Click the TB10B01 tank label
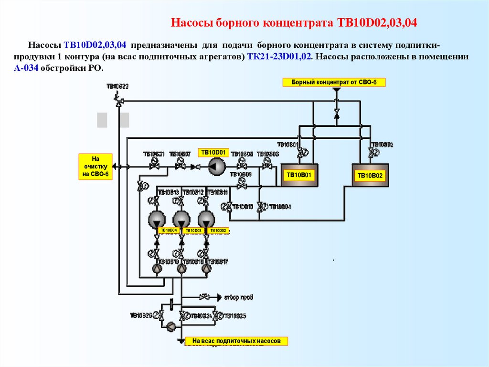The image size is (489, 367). point(298,175)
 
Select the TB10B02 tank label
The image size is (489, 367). point(371,176)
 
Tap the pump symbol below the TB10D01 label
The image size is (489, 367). point(216,167)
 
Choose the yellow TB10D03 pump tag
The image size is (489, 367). point(193,231)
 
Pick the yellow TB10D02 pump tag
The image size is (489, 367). point(219,231)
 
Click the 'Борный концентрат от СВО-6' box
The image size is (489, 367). point(334,82)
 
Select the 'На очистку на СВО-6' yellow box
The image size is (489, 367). point(95,166)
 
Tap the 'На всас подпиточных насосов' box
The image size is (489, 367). point(237,341)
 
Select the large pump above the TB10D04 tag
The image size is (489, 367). point(156,219)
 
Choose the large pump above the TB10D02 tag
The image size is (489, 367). point(206,219)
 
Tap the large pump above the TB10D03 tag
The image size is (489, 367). point(181,219)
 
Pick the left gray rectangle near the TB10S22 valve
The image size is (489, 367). point(102,120)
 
